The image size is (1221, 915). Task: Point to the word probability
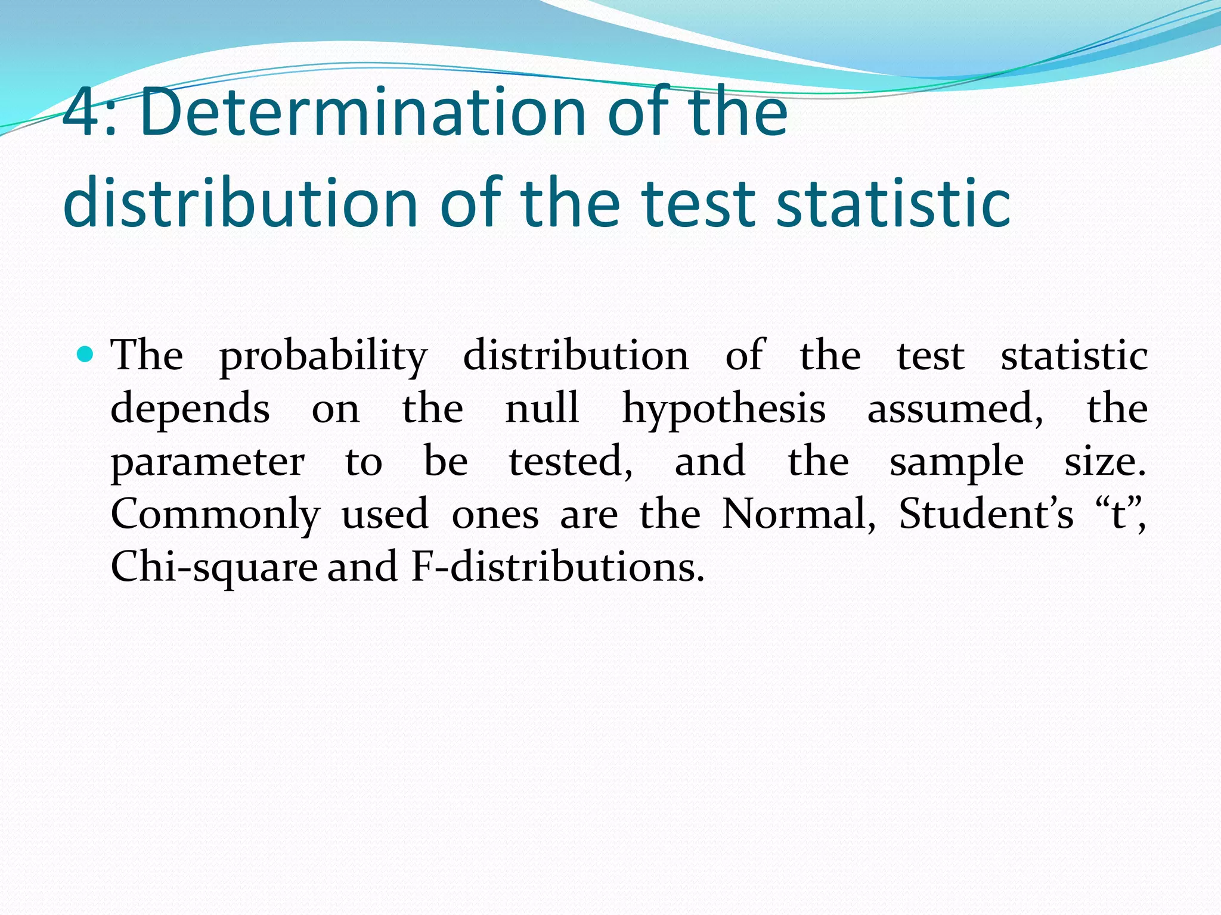point(323,356)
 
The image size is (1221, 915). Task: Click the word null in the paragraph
point(542,409)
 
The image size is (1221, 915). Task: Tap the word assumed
point(955,409)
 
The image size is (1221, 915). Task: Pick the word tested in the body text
point(571,462)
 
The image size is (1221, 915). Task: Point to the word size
point(1105,462)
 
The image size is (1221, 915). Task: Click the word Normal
point(798,514)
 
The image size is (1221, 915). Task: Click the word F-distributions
point(557,567)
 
